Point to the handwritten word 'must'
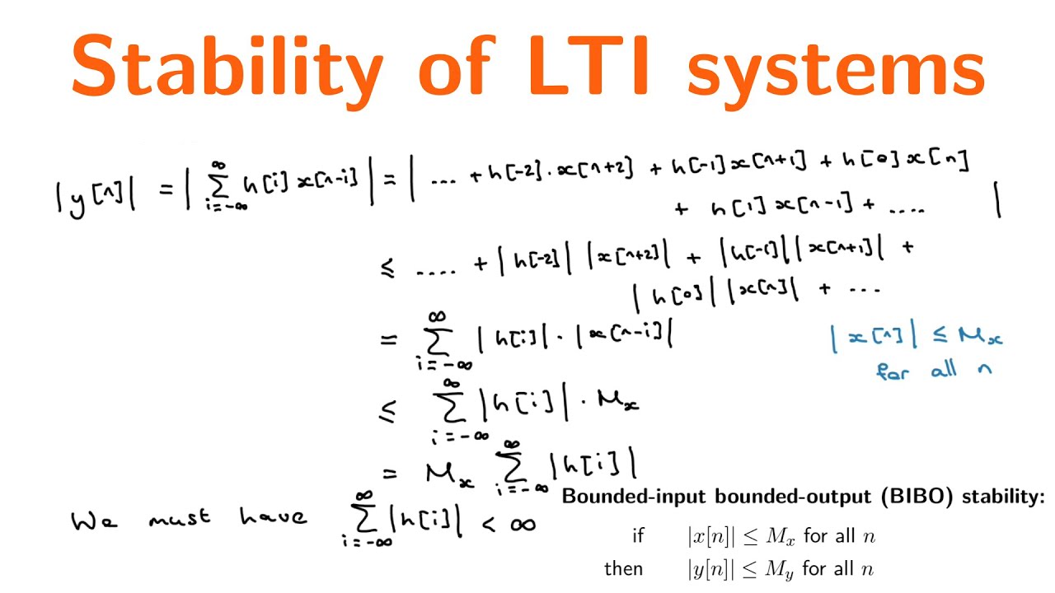click(181, 518)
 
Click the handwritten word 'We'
click(91, 521)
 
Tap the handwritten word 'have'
click(273, 516)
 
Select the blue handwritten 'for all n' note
click(933, 370)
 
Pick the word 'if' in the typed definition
click(637, 536)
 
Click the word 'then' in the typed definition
click(623, 568)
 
